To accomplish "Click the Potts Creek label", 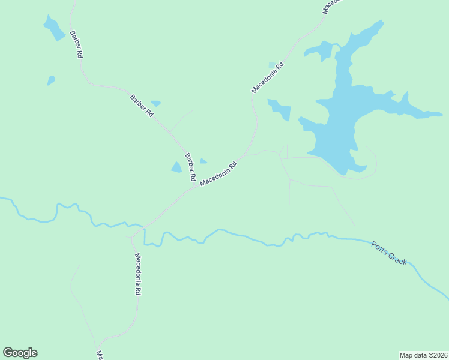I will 389,253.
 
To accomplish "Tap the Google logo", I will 20,353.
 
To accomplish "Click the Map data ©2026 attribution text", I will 423,355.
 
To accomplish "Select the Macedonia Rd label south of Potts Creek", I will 137,274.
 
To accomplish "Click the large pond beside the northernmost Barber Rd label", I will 53,28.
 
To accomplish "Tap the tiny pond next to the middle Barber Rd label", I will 156,103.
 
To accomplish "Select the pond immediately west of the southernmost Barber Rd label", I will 176,167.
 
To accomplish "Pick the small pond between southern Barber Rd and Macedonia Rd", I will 203,161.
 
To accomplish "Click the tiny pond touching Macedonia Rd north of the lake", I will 272,64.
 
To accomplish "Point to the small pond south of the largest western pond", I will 51,80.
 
